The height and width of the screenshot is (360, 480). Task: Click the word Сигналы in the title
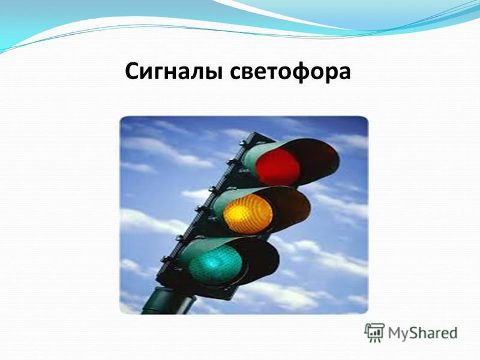pyautogui.click(x=173, y=71)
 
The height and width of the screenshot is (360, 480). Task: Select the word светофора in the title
pyautogui.click(x=290, y=72)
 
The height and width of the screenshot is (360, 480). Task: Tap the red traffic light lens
pyautogui.click(x=278, y=167)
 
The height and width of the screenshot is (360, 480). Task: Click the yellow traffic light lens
pyautogui.click(x=248, y=214)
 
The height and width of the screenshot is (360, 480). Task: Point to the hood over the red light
pyautogui.click(x=294, y=159)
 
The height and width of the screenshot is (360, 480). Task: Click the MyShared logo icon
pyautogui.click(x=374, y=332)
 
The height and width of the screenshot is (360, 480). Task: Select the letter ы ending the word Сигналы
pyautogui.click(x=213, y=74)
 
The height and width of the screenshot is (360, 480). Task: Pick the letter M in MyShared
pyautogui.click(x=394, y=333)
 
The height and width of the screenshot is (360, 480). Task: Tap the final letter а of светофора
pyautogui.click(x=344, y=74)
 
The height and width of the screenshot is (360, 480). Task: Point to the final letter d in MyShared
pyautogui.click(x=453, y=332)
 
